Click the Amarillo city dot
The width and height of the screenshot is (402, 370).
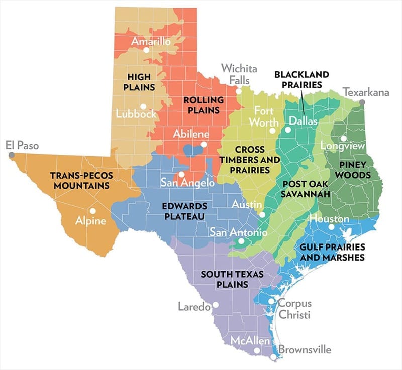click(x=146, y=50)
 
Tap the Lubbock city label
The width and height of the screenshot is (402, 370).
click(x=136, y=114)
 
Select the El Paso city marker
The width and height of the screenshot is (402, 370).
click(x=11, y=155)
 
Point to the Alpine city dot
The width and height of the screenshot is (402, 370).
click(x=93, y=211)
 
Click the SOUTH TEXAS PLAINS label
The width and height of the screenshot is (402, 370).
click(x=224, y=279)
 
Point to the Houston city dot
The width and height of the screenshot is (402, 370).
click(x=331, y=227)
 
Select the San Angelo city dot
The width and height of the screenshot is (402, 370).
click(x=181, y=174)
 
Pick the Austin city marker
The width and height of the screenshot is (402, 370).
click(x=262, y=214)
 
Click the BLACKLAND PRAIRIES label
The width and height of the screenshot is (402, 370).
click(x=301, y=79)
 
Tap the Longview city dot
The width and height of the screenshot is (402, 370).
click(x=343, y=138)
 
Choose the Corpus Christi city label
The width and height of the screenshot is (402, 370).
click(x=294, y=309)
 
